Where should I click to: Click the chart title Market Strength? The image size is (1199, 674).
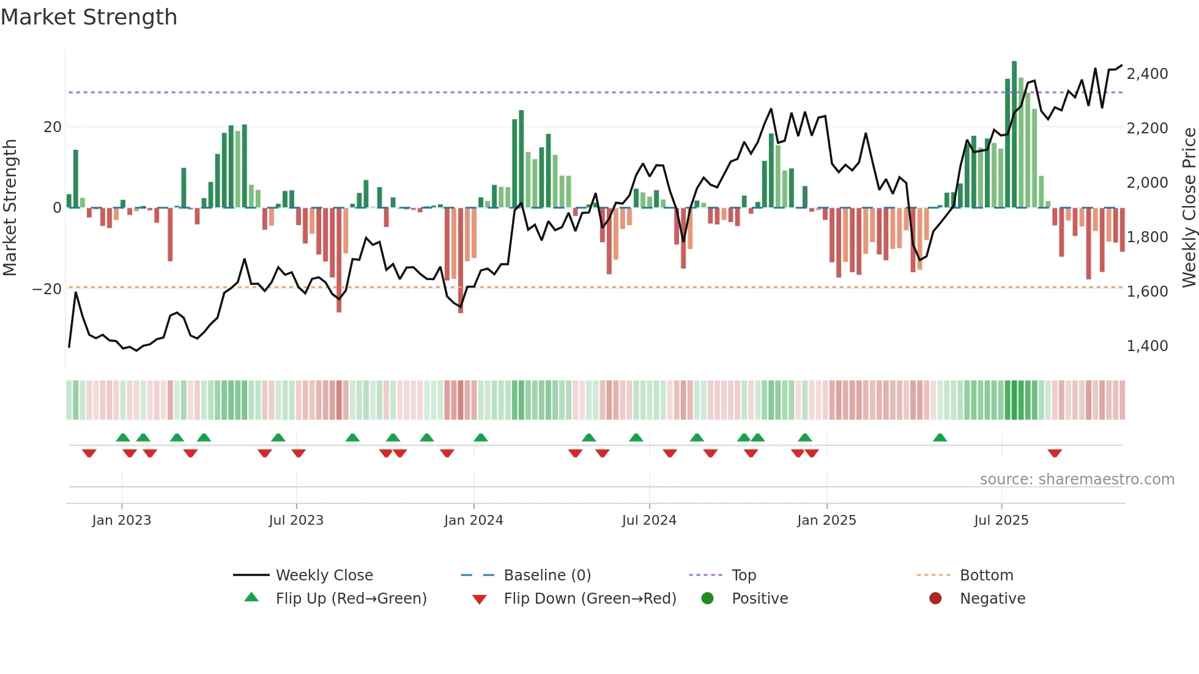coord(89,17)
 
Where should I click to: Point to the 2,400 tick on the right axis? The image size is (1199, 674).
coord(1147,74)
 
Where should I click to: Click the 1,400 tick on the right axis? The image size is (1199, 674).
coord(1147,346)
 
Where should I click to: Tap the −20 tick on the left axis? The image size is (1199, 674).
coord(47,289)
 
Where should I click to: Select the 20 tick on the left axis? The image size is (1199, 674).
coord(53,127)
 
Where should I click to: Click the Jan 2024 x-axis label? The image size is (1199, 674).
coord(473,520)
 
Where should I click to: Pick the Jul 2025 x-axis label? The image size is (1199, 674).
coord(1001,520)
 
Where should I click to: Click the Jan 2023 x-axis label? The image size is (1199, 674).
coord(122,520)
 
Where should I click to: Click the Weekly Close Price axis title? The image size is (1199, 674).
coord(1189,208)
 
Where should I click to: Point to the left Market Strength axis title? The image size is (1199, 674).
coord(10,208)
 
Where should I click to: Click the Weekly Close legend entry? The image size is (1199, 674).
coord(324,576)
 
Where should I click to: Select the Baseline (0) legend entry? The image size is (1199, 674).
coord(547,576)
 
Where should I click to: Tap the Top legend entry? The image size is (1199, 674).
coord(743,576)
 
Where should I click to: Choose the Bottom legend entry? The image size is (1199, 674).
coord(986,576)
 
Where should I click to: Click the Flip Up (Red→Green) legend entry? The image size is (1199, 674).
coord(351,599)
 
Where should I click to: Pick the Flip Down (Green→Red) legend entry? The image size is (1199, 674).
coord(589,599)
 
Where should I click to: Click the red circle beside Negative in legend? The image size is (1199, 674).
coord(935,599)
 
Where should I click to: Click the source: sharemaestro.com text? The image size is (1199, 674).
coord(1077,480)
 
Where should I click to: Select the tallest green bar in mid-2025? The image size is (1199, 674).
coord(1014,135)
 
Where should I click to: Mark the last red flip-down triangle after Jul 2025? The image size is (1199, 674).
coord(1055,453)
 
